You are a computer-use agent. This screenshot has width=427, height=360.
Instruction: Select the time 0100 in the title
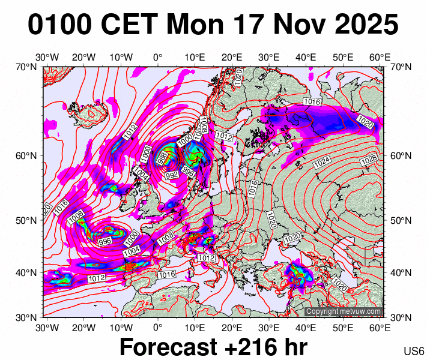coord(59,25)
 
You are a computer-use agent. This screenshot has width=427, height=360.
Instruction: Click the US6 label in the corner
coord(414,350)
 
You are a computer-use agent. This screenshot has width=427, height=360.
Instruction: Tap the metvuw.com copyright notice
coord(343,311)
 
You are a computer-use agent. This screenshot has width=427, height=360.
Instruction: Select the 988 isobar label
coord(162,159)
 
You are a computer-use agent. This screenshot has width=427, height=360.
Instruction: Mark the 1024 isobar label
coord(323,161)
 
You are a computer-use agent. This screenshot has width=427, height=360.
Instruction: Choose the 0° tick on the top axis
coord(158,58)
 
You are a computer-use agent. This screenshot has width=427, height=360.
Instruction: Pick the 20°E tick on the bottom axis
coord(232,328)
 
